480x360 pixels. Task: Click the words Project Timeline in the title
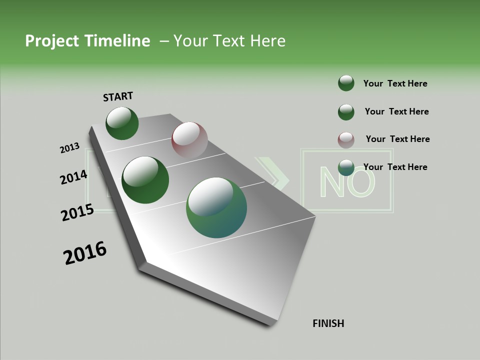tap(87, 41)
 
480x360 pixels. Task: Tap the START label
tap(118, 96)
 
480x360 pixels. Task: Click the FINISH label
tap(328, 323)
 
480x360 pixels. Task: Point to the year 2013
tap(70, 148)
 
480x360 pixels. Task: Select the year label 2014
tap(74, 177)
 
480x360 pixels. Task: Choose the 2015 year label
tap(77, 212)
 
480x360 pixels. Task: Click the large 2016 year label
tap(85, 253)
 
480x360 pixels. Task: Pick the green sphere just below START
tap(122, 123)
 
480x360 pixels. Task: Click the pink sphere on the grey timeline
tap(189, 140)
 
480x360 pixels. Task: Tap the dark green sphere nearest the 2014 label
tap(145, 180)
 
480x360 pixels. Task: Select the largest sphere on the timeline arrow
tap(216, 207)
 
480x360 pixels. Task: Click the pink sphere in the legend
tap(346, 140)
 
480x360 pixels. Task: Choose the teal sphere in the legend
tap(346, 167)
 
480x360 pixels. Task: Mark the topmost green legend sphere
tap(346, 83)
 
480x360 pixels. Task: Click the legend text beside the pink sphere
tap(397, 139)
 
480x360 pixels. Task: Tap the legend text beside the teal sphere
tap(395, 167)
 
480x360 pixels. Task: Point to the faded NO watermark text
tap(346, 181)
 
